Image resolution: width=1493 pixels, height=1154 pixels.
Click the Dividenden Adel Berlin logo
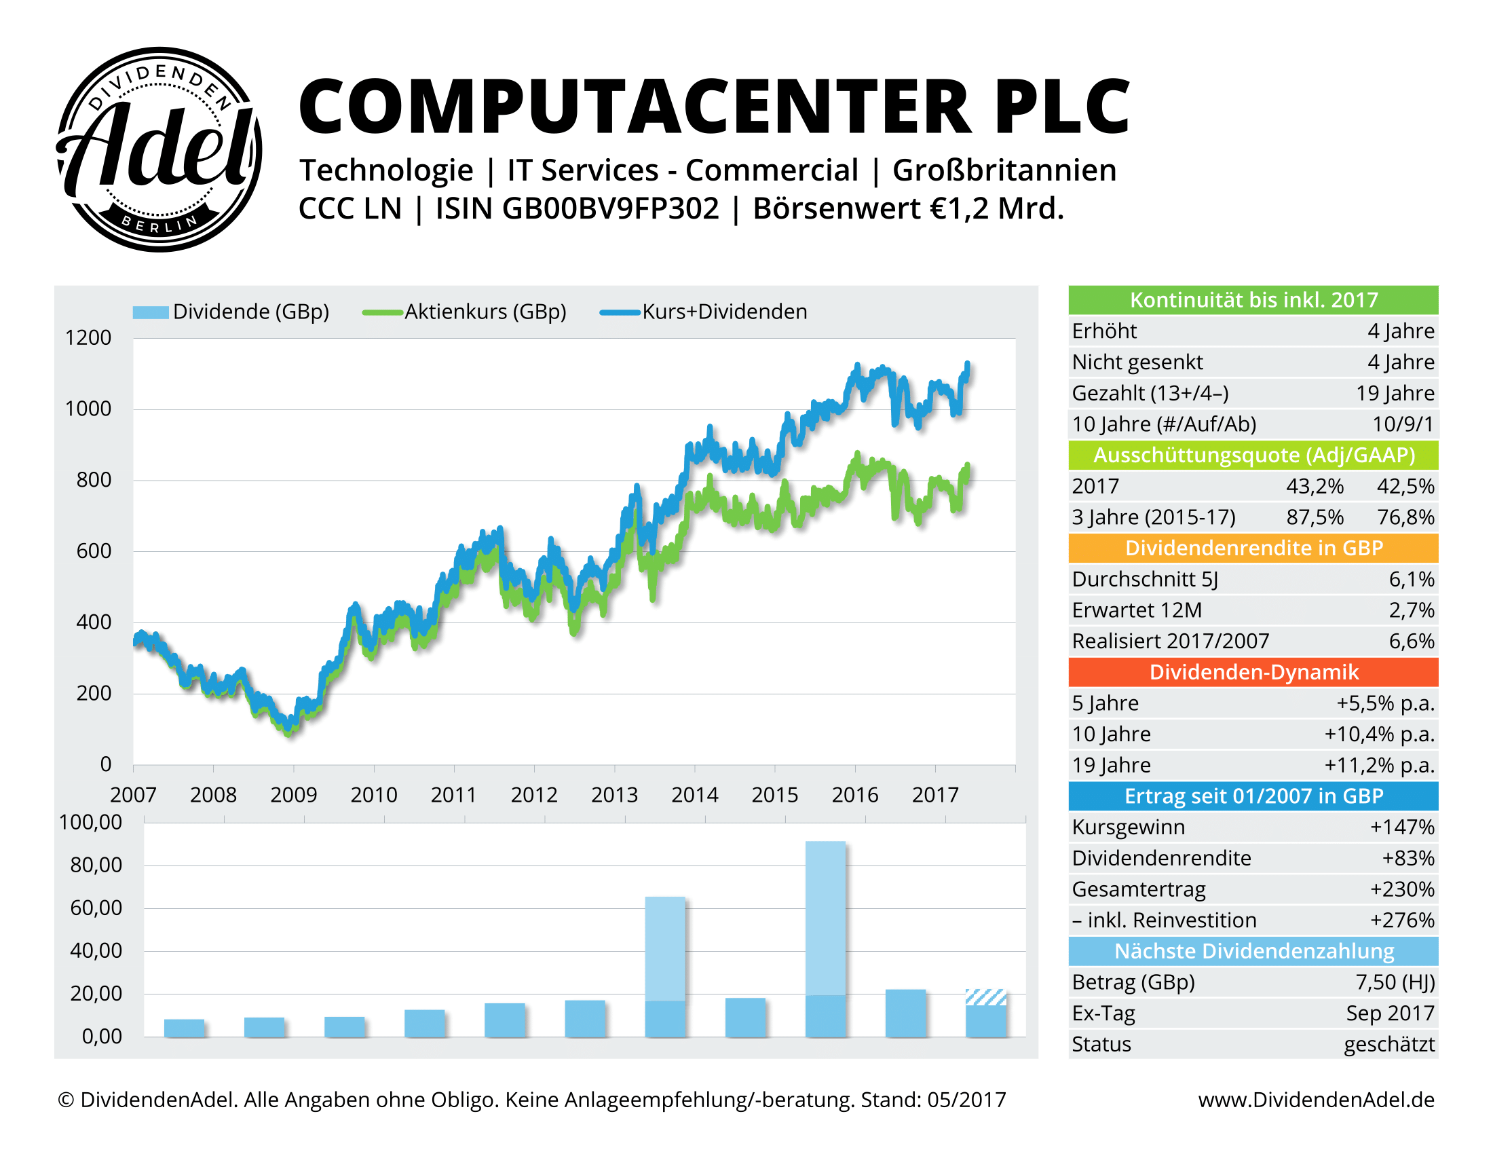pyautogui.click(x=159, y=149)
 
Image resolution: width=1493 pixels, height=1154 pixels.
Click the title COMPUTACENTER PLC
pyautogui.click(x=714, y=107)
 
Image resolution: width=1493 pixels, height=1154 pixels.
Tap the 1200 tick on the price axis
pyautogui.click(x=88, y=338)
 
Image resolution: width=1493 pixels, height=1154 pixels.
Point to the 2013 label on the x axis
pyautogui.click(x=614, y=795)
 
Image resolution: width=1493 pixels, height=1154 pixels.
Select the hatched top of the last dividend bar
pyautogui.click(x=986, y=997)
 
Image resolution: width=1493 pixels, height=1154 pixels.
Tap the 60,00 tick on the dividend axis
pyautogui.click(x=96, y=908)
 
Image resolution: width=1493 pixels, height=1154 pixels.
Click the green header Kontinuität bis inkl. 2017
pyautogui.click(x=1253, y=300)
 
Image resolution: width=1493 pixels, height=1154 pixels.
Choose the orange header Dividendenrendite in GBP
pyautogui.click(x=1253, y=548)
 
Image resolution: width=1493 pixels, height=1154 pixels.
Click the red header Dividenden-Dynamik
pyautogui.click(x=1253, y=672)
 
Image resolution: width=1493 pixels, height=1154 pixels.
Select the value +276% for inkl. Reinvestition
pyautogui.click(x=1401, y=920)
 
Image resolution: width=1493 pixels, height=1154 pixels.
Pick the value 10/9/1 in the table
pyautogui.click(x=1403, y=424)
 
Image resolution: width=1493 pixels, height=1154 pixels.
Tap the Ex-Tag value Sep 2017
pyautogui.click(x=1390, y=1013)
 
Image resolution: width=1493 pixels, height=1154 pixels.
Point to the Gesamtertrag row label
pyautogui.click(x=1138, y=889)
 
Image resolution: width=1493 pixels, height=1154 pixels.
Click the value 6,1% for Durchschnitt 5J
pyautogui.click(x=1411, y=580)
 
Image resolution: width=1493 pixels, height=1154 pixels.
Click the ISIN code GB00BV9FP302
pyautogui.click(x=611, y=208)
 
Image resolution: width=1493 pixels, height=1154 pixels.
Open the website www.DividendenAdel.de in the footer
pyautogui.click(x=1316, y=1100)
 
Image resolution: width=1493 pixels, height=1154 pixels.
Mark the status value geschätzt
pyautogui.click(x=1389, y=1045)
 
